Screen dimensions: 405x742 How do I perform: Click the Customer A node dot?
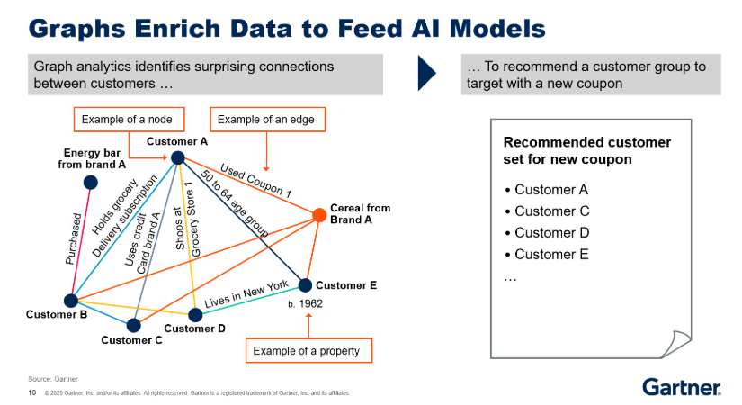(177, 157)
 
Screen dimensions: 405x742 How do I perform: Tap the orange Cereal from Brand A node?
(318, 214)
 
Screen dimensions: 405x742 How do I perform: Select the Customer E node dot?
(305, 285)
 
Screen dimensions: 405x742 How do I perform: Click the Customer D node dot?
(195, 314)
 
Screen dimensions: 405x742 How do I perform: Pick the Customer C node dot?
(133, 325)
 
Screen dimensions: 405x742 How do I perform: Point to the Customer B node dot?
(71, 301)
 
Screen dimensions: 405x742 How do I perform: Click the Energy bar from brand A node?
(90, 183)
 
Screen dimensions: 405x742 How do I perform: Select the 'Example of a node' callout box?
(127, 120)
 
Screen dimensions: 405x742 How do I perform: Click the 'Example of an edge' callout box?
(267, 120)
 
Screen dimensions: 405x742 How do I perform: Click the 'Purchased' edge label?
(74, 239)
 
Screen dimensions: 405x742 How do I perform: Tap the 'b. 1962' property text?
(304, 304)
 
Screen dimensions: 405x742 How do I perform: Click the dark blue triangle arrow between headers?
(427, 74)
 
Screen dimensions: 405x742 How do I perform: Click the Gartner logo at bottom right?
(681, 387)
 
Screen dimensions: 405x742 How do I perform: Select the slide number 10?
(32, 392)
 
